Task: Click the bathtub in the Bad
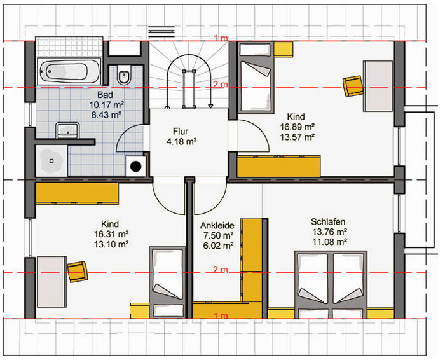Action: (x=69, y=71)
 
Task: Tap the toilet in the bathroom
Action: (x=124, y=74)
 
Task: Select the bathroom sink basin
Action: (x=67, y=130)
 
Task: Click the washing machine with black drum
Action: (x=135, y=167)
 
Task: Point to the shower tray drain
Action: (x=51, y=161)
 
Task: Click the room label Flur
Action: (x=181, y=132)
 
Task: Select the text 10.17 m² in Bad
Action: (x=106, y=105)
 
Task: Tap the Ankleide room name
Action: (x=217, y=225)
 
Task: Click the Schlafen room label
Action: (x=328, y=221)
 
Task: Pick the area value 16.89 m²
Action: (x=297, y=127)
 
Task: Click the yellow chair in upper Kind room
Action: (x=353, y=86)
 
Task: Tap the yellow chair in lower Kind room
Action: (x=78, y=272)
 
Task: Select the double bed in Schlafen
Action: (x=331, y=284)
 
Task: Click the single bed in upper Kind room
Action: (x=256, y=78)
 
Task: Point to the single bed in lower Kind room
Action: (x=167, y=282)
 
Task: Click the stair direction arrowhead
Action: (x=210, y=106)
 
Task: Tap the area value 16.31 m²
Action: (x=111, y=234)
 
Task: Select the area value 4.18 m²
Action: (x=182, y=141)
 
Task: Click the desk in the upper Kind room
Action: (x=378, y=86)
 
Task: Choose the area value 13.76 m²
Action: (x=329, y=232)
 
